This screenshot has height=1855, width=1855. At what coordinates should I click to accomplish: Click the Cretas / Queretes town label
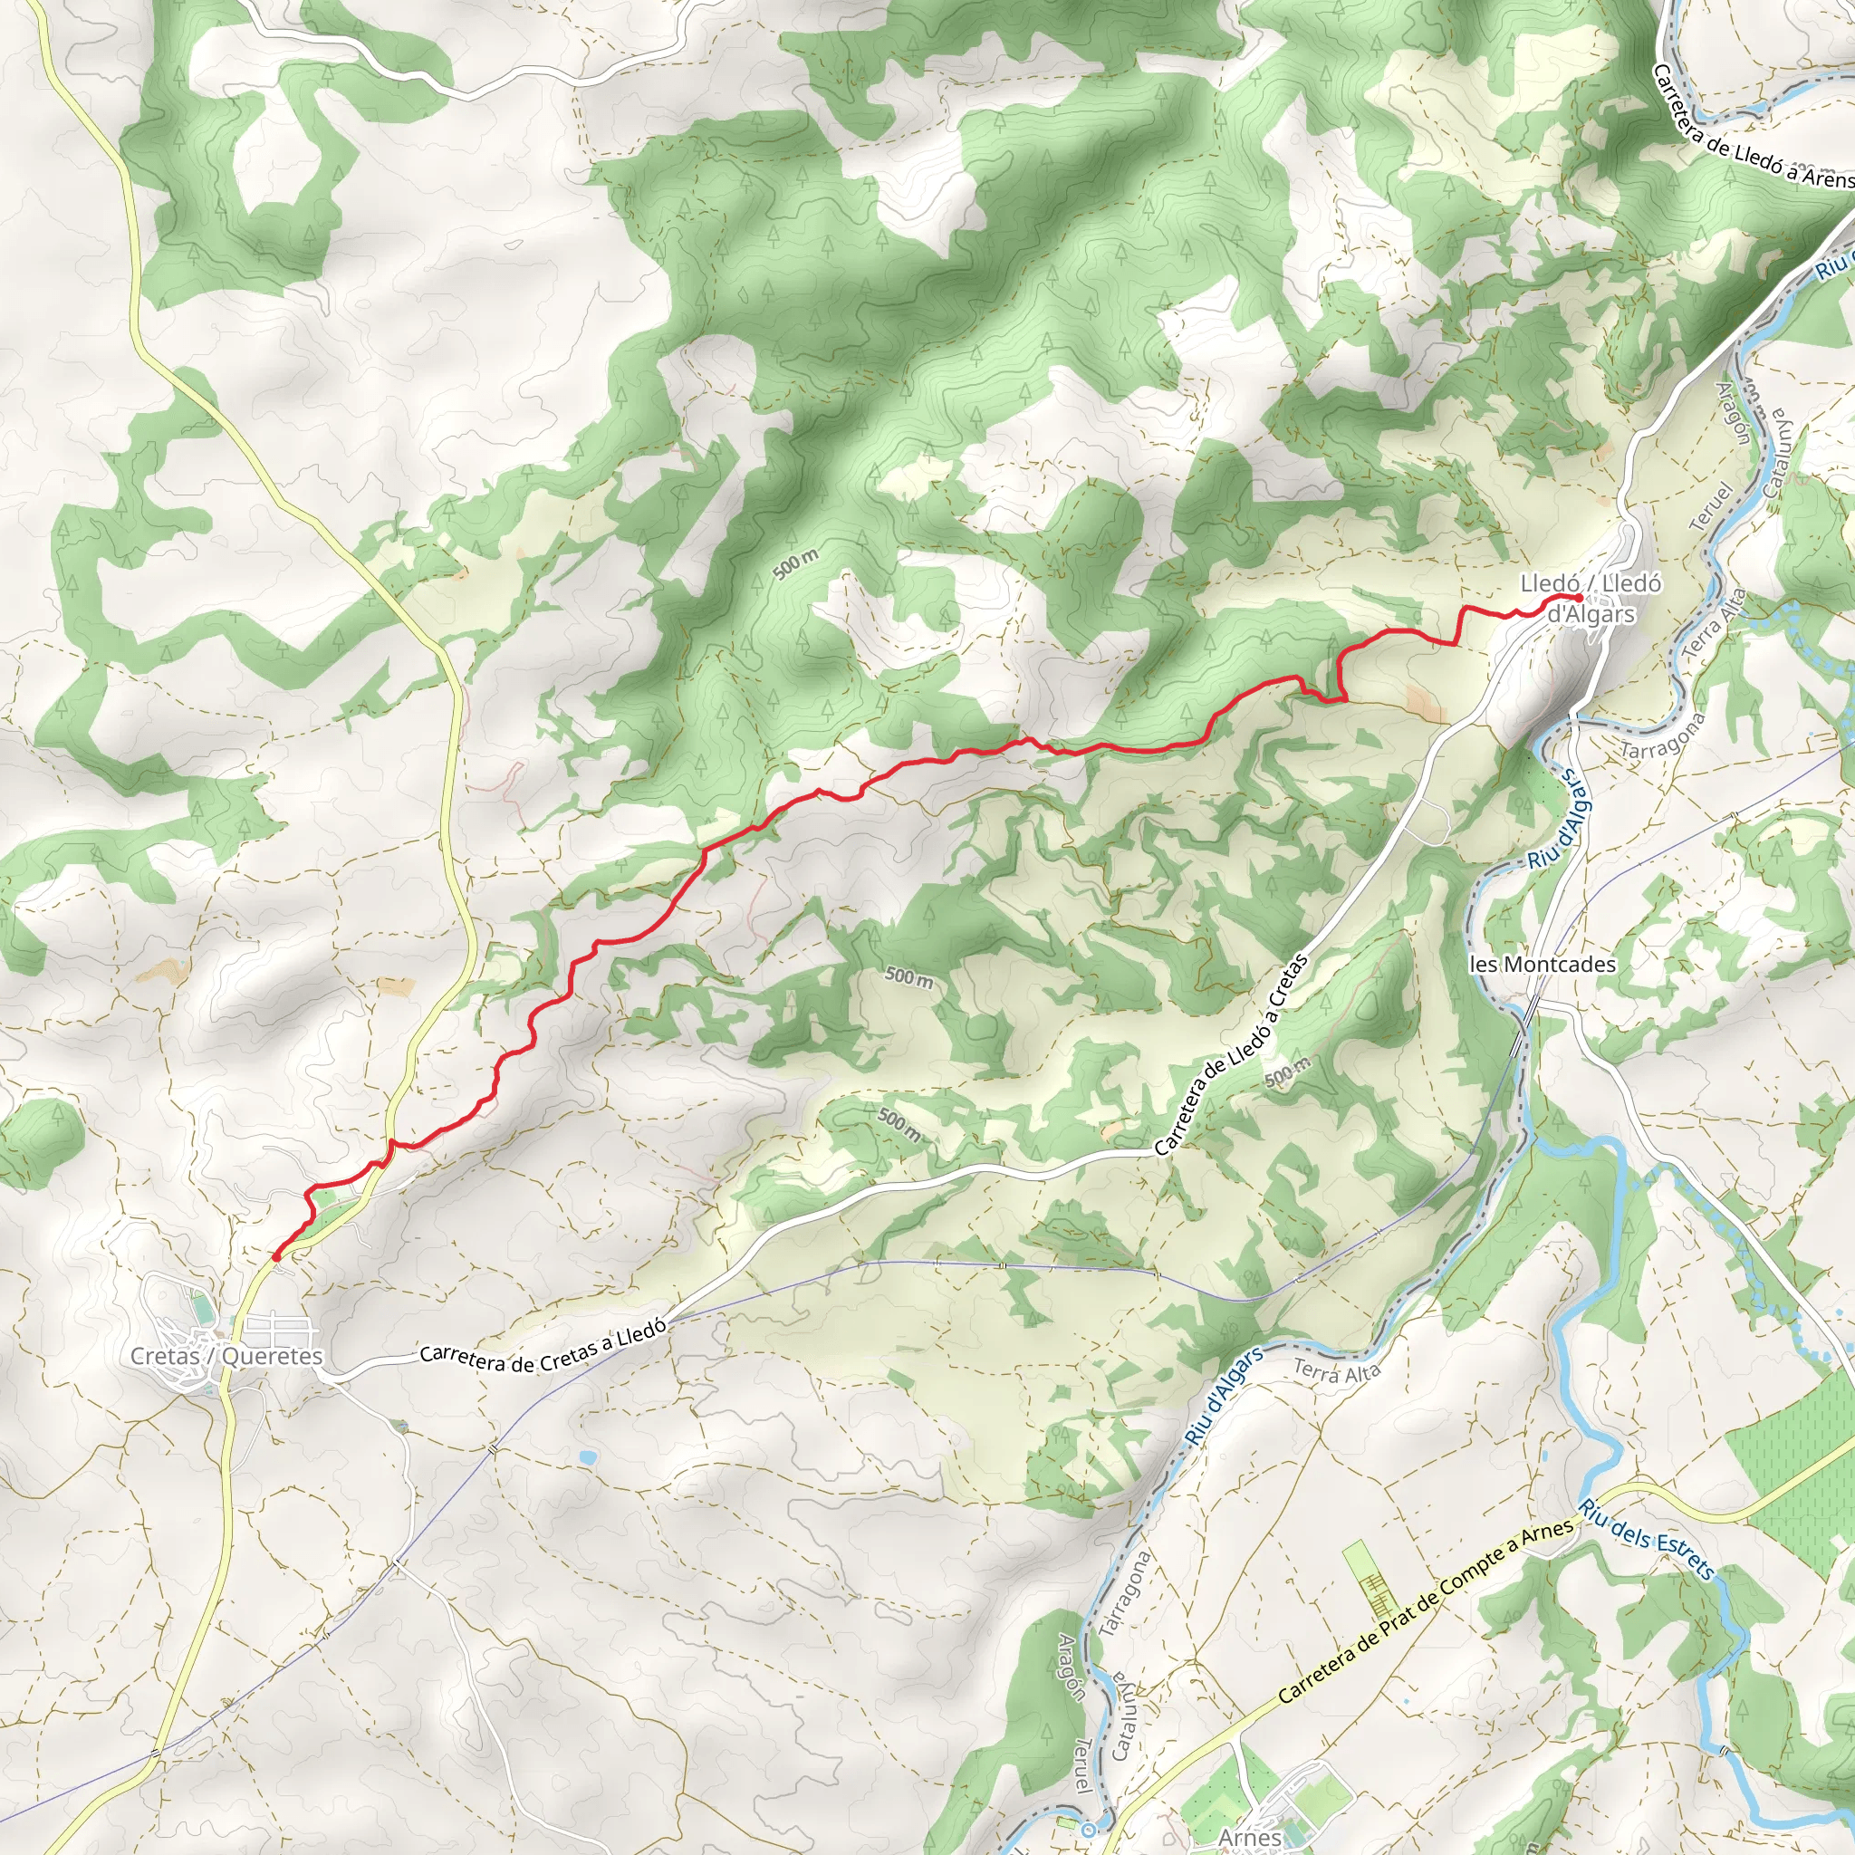(x=226, y=1356)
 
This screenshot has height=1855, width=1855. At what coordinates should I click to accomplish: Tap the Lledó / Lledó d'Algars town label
(x=1590, y=598)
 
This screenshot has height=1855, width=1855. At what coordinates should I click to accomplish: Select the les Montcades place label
(x=1542, y=964)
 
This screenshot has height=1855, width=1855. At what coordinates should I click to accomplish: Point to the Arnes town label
(x=1250, y=1838)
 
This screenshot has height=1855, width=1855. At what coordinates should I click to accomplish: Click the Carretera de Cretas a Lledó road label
(x=543, y=1347)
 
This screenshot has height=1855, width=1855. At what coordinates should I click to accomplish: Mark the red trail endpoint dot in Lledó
(x=1579, y=598)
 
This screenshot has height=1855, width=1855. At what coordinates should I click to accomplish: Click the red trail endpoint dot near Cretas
(x=276, y=1256)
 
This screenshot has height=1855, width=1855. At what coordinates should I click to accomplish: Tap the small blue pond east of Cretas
(x=586, y=1456)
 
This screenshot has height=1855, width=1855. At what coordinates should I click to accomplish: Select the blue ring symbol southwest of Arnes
(x=1088, y=1830)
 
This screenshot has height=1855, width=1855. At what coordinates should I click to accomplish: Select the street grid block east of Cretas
(x=279, y=1332)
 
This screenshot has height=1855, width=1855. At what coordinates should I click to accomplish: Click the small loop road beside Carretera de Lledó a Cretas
(x=1434, y=822)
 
